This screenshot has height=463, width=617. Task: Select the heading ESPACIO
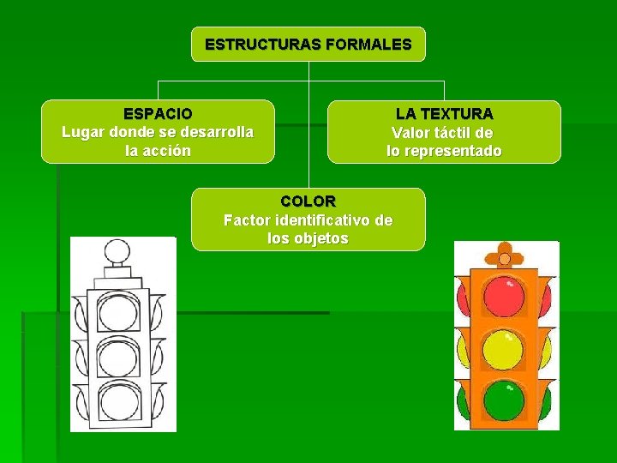point(158,113)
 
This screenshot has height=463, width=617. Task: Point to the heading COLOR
point(308,201)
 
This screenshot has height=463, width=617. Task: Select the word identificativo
point(336,220)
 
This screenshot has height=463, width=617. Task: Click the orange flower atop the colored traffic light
point(504,256)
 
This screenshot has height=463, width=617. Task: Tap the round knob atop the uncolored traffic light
point(114,252)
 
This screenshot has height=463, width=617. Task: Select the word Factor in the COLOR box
point(247,220)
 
